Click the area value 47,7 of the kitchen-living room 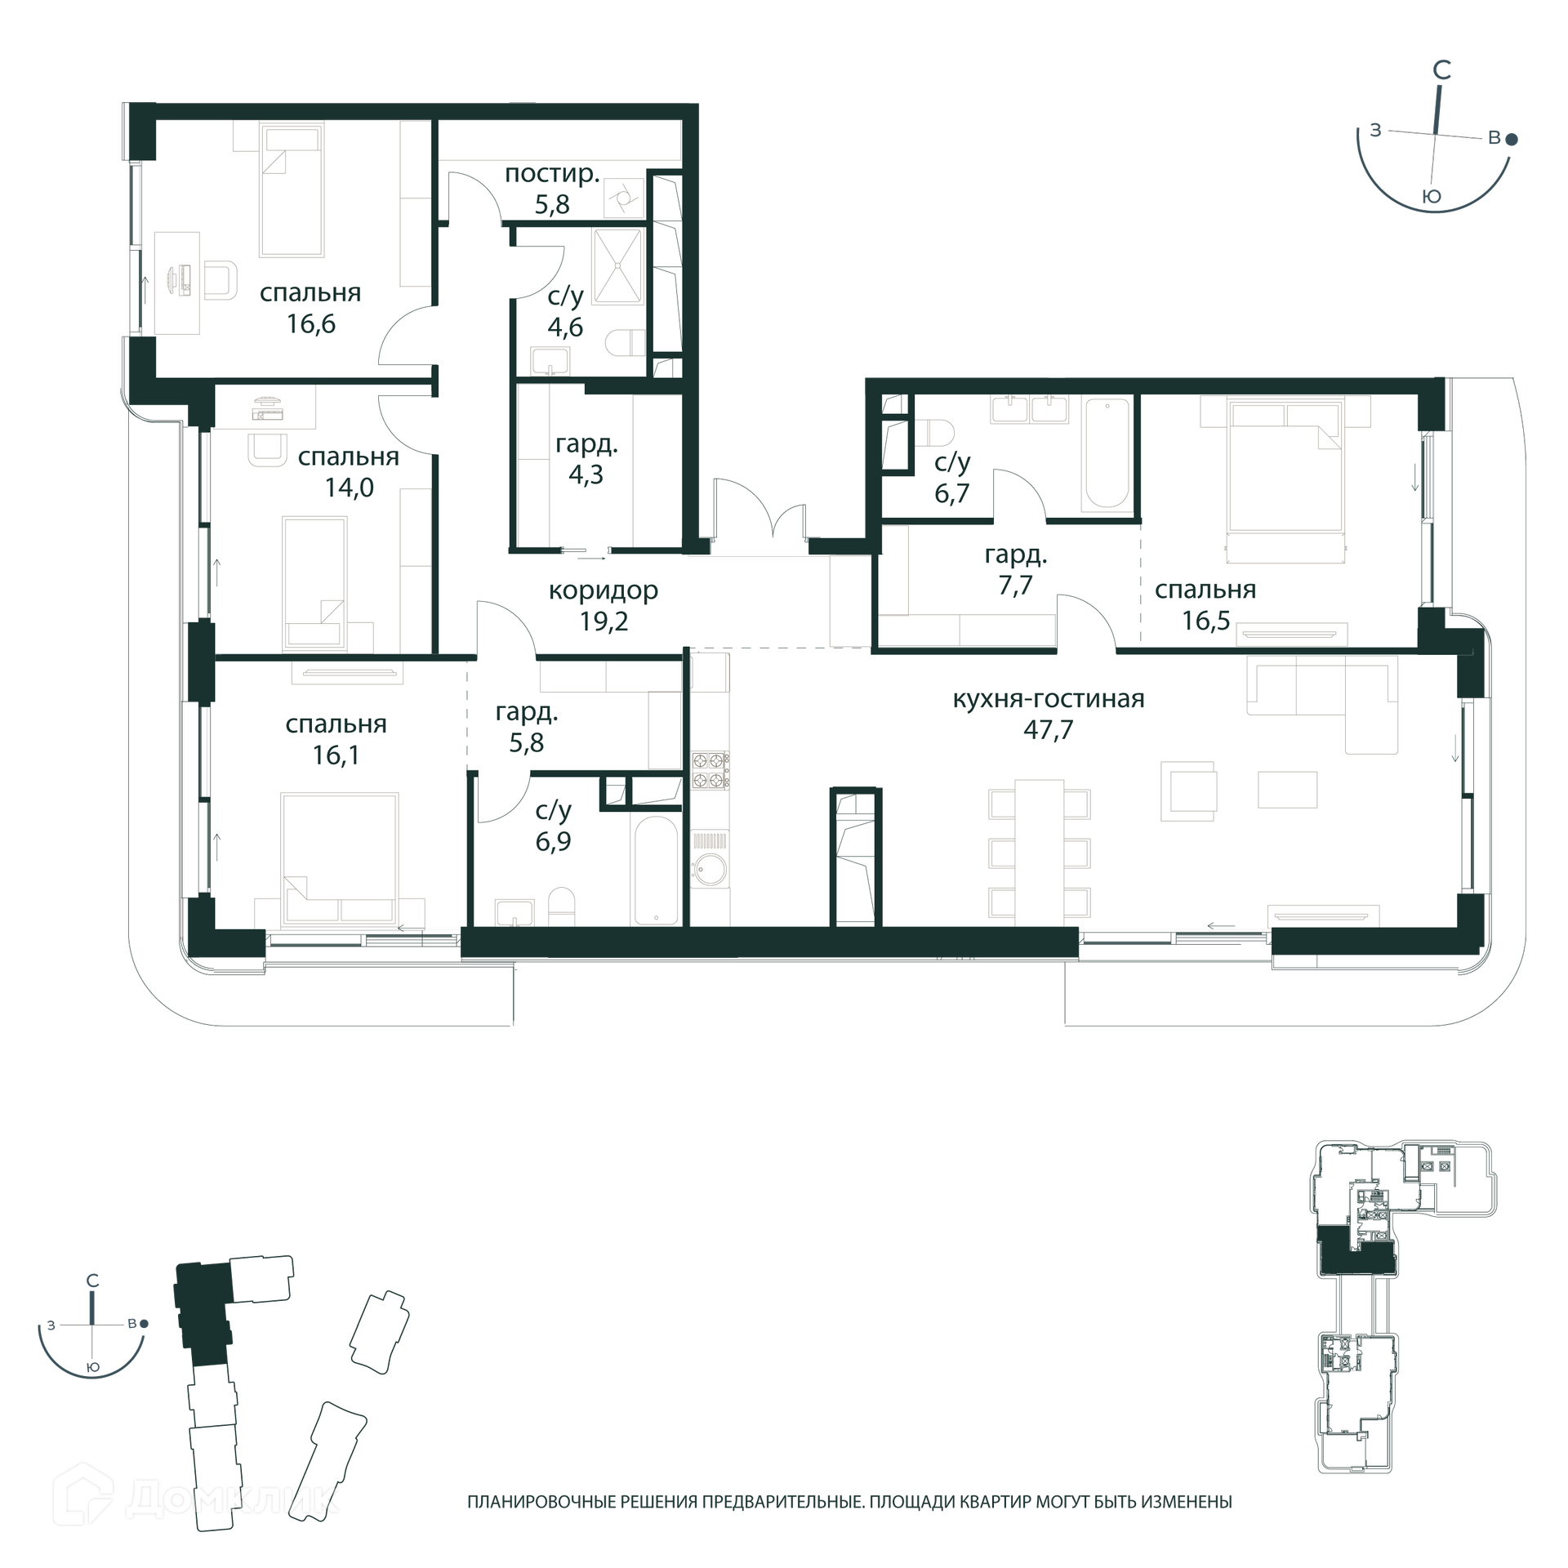tap(1048, 729)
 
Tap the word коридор tap(603, 590)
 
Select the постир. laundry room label tap(552, 173)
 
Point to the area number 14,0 tap(350, 488)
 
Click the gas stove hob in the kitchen tap(710, 770)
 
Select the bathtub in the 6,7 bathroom tap(1107, 452)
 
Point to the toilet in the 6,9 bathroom tap(561, 906)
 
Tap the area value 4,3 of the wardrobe tap(586, 474)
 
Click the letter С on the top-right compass tap(1442, 71)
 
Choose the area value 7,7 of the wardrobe tap(1015, 586)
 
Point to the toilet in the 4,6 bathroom tap(626, 342)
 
